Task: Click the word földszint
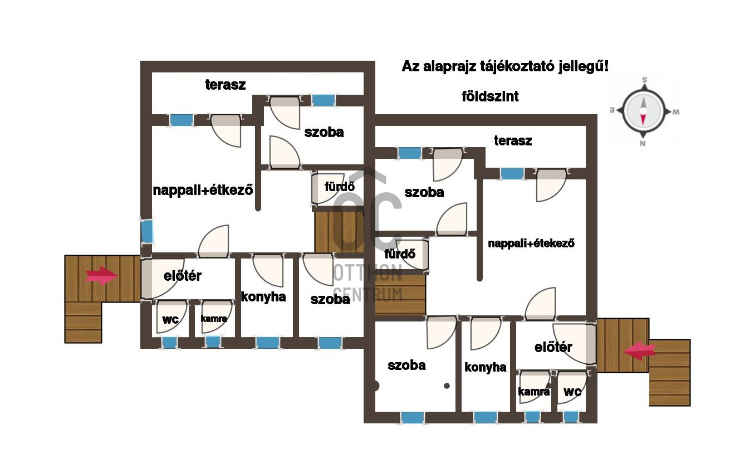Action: click(x=490, y=96)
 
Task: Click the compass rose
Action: click(x=643, y=111)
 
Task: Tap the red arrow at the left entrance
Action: click(x=101, y=275)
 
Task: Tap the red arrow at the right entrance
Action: click(x=640, y=351)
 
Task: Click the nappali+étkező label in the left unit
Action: click(x=203, y=190)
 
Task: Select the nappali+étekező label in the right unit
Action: click(x=531, y=243)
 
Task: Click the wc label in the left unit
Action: click(x=170, y=319)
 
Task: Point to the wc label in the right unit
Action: click(x=572, y=392)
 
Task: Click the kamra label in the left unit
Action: click(x=214, y=319)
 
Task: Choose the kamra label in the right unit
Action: click(x=533, y=392)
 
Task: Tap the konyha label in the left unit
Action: click(x=263, y=297)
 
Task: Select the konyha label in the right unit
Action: click(x=486, y=367)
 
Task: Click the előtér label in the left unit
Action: click(x=183, y=276)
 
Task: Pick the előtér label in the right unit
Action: click(x=553, y=347)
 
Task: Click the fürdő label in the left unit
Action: click(x=340, y=186)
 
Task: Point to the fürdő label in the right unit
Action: click(x=400, y=253)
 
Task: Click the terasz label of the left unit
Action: click(x=225, y=85)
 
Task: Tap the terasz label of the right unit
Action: click(x=512, y=140)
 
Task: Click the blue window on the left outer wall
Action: click(x=146, y=231)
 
